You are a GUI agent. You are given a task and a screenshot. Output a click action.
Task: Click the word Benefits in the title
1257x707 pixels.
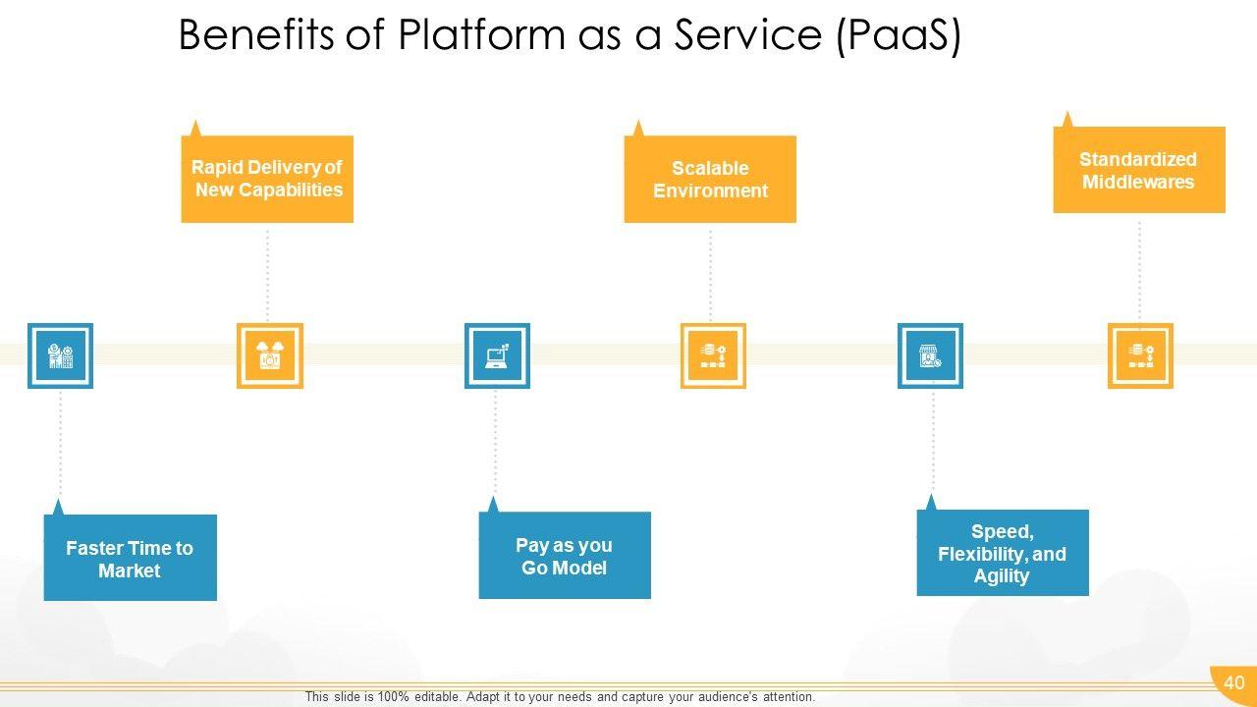256,34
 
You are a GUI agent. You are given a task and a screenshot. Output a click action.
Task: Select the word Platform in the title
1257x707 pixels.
481,34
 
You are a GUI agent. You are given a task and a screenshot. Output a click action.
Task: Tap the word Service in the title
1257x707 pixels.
747,34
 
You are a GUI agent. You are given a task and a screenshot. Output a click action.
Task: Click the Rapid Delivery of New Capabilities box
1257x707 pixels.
267,179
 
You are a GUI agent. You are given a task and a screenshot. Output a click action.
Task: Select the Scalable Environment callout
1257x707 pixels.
710,179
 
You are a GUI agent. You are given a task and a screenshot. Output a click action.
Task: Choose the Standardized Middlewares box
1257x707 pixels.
1139,170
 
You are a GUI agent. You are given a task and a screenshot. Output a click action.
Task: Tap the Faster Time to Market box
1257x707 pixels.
131,557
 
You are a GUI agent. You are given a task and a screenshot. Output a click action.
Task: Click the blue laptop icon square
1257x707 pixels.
497,355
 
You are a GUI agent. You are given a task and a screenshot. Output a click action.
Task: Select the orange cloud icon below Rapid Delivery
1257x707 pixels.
270,355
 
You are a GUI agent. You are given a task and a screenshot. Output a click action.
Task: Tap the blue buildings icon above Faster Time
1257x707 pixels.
61,355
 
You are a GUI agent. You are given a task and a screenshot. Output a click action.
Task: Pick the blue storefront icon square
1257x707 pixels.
930,355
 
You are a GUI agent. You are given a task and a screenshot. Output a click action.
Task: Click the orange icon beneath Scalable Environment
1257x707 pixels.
713,355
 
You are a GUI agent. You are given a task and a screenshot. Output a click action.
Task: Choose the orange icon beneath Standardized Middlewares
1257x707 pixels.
1140,355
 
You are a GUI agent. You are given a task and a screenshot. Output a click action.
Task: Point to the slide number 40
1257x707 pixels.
1234,682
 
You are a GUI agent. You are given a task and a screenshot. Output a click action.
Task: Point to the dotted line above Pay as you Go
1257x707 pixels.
495,443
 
